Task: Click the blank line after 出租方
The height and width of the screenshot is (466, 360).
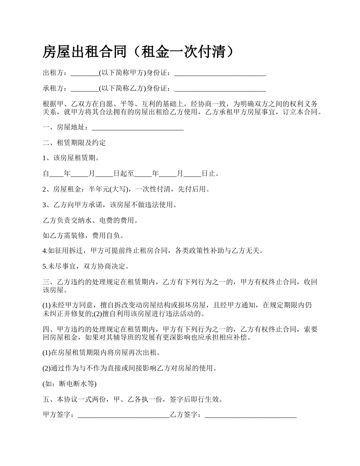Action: [85, 73]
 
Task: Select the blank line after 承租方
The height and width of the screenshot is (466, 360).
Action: [85, 89]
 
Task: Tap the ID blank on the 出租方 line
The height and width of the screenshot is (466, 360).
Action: [220, 73]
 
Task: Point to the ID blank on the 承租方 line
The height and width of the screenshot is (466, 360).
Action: [220, 89]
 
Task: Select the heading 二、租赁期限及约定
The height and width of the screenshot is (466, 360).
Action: [74, 143]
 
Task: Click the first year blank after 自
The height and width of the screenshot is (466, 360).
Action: [57, 174]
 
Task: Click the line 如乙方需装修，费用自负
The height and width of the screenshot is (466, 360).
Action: [83, 236]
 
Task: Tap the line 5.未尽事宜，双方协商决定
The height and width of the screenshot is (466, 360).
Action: [86, 266]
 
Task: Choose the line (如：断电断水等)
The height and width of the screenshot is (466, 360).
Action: [70, 384]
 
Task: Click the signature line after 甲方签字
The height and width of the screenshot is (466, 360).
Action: [123, 416]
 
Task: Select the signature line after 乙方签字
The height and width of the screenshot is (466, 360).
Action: [250, 416]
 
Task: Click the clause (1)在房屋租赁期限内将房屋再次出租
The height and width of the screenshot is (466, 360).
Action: [102, 353]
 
